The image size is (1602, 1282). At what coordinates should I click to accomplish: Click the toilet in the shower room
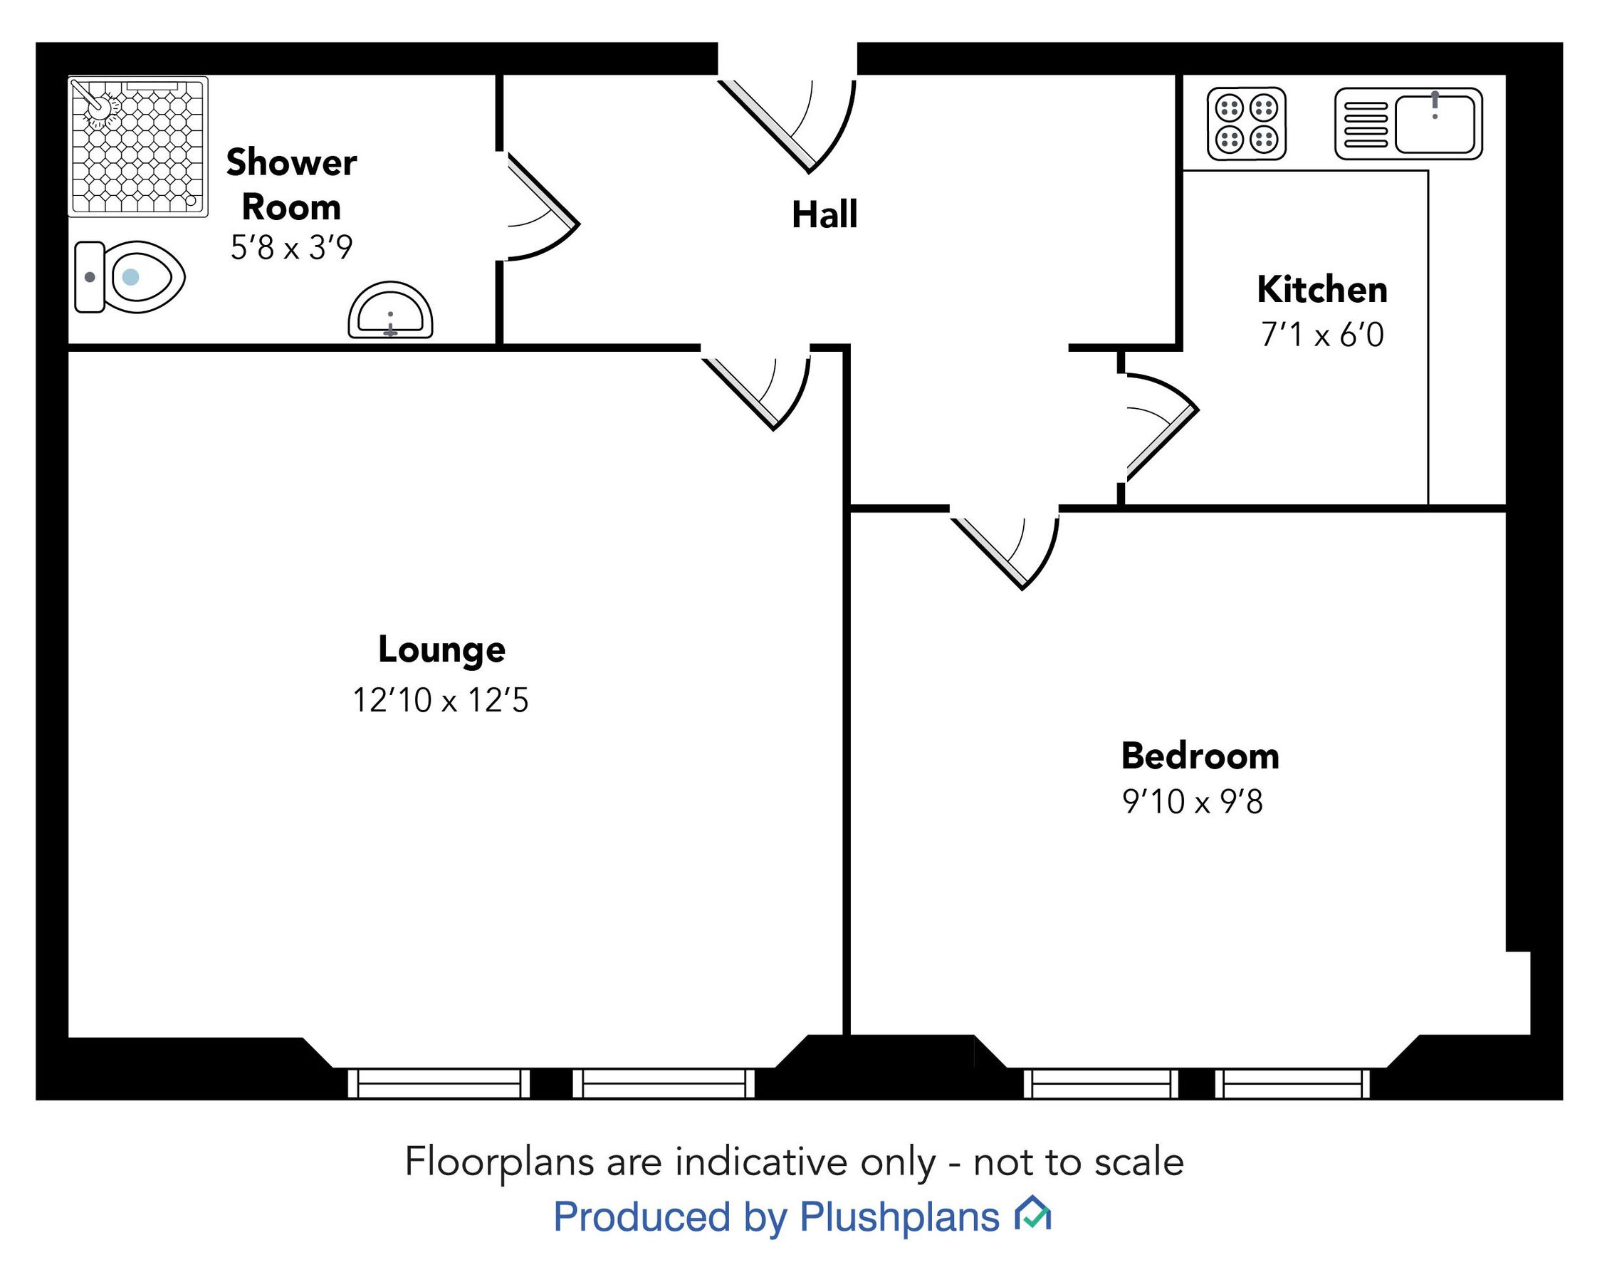pyautogui.click(x=130, y=277)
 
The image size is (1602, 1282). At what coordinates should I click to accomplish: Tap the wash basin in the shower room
pyautogui.click(x=390, y=311)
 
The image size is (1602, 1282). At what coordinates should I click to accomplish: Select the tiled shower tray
pyautogui.click(x=138, y=147)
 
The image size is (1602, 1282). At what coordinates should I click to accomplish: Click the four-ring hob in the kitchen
pyautogui.click(x=1246, y=123)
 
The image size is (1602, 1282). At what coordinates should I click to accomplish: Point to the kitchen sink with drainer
pyautogui.click(x=1408, y=123)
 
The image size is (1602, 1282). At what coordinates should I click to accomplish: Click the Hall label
pyautogui.click(x=824, y=215)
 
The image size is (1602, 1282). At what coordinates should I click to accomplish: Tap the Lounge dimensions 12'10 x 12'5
pyautogui.click(x=440, y=700)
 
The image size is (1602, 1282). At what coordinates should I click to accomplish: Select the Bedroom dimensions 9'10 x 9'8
pyautogui.click(x=1192, y=802)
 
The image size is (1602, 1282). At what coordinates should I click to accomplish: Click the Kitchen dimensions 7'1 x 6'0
pyautogui.click(x=1322, y=335)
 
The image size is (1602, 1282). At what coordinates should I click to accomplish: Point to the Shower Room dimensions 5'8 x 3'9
pyautogui.click(x=291, y=247)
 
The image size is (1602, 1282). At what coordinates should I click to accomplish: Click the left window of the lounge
pyautogui.click(x=439, y=1083)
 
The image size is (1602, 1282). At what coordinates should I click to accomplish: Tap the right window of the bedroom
pyautogui.click(x=1292, y=1083)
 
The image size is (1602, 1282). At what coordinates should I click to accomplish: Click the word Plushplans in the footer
pyautogui.click(x=899, y=1216)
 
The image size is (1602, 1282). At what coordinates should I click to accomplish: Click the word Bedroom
pyautogui.click(x=1199, y=756)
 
